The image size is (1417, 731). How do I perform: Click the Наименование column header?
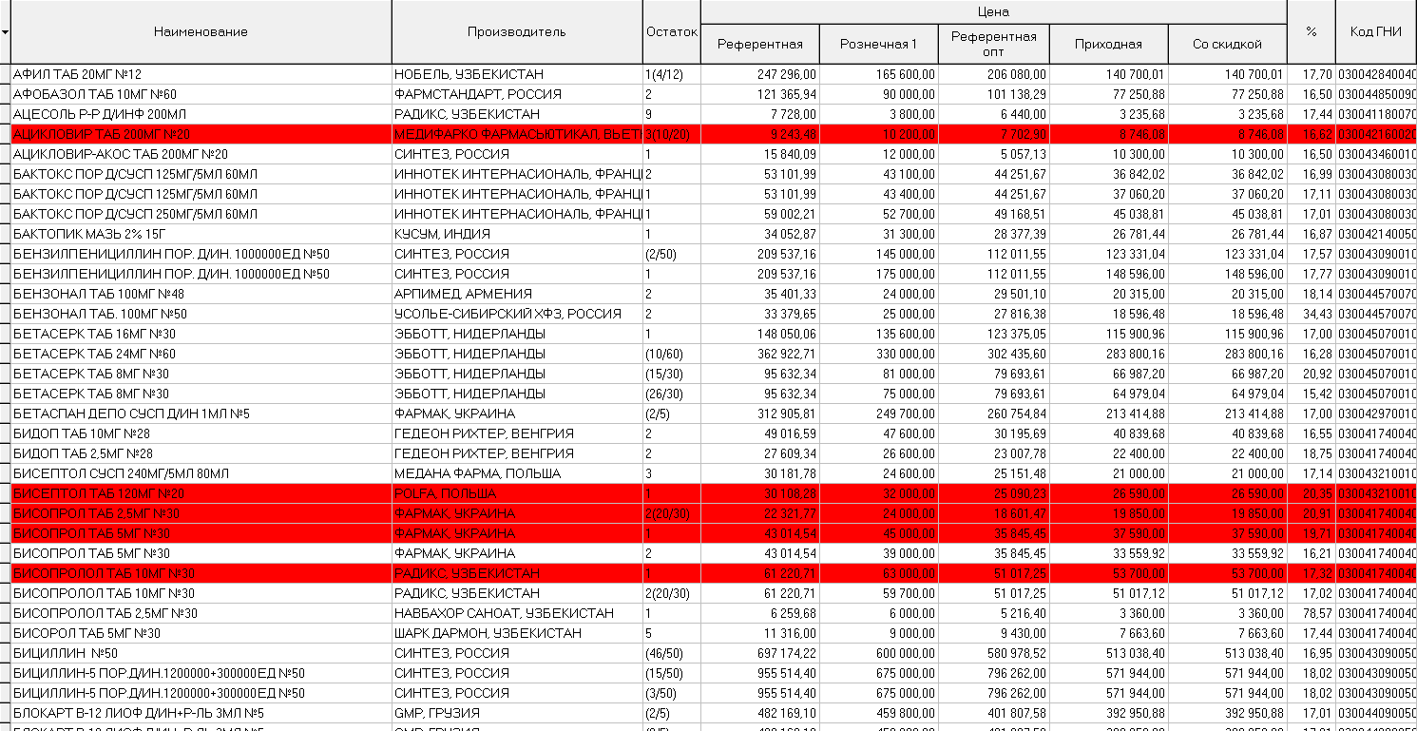coord(201,31)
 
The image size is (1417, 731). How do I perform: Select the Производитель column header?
coord(516,31)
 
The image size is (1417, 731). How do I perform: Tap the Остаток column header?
coord(671,31)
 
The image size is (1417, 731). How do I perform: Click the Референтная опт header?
coord(993,44)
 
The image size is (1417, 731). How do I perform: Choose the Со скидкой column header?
coord(1227,44)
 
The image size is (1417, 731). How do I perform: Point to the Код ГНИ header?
coord(1375,31)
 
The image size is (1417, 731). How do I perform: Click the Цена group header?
coord(993,11)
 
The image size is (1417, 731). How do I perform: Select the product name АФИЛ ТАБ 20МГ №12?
coord(78,74)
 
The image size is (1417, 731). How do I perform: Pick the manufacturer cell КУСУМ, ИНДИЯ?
coord(442,234)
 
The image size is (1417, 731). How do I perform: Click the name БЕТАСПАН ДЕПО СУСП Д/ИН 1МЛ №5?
coord(131,414)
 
